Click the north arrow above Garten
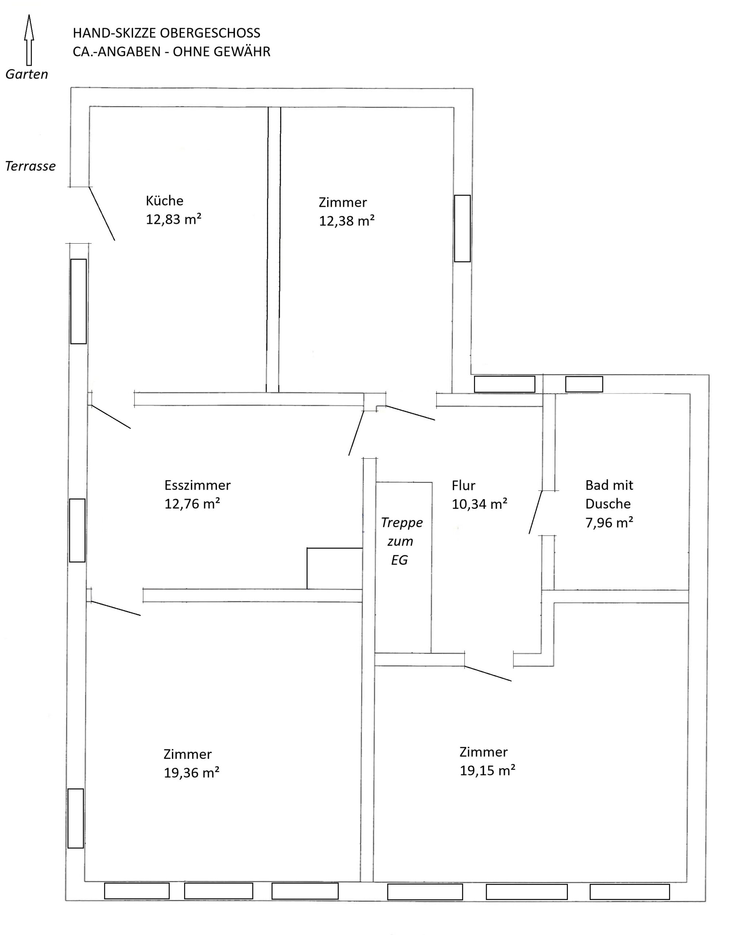click(29, 40)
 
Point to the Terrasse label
click(31, 166)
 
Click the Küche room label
click(165, 201)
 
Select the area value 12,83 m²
click(173, 219)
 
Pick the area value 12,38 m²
click(347, 221)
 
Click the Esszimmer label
click(198, 485)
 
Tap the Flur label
click(463, 485)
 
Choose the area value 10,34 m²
click(479, 504)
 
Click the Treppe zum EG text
click(401, 541)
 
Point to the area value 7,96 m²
click(609, 523)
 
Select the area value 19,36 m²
click(191, 773)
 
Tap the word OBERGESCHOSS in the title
click(210, 33)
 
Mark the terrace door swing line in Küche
click(102, 214)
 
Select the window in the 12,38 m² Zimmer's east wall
click(462, 228)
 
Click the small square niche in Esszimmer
click(335, 568)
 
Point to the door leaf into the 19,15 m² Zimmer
click(488, 673)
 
